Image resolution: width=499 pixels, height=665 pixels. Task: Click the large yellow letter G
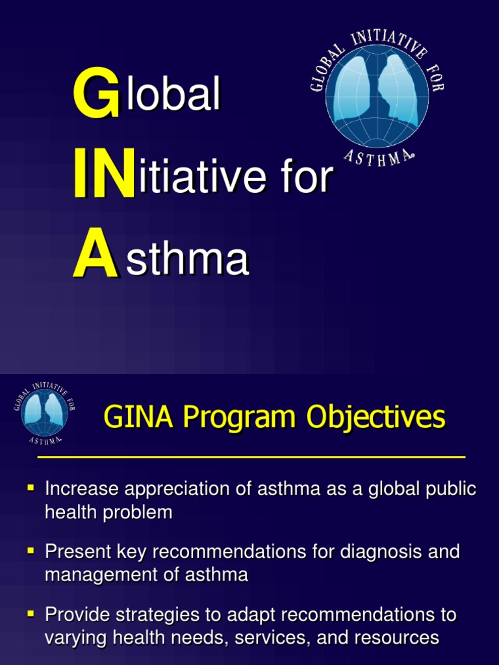click(x=96, y=96)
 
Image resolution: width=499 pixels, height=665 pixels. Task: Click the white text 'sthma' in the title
click(x=188, y=259)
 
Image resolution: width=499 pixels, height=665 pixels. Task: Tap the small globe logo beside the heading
click(x=44, y=413)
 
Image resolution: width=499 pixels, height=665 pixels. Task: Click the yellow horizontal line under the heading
click(x=251, y=457)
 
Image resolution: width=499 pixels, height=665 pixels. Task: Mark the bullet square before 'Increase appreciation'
click(x=30, y=486)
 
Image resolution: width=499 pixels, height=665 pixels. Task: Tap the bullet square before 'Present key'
click(x=30, y=550)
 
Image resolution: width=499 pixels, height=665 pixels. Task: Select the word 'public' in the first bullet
click(x=448, y=490)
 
